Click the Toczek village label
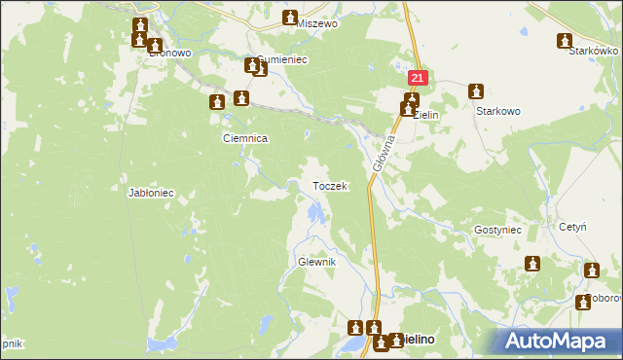(x=329, y=186)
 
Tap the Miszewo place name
(x=318, y=22)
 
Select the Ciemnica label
(x=245, y=139)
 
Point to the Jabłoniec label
(x=151, y=193)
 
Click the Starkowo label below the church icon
(x=498, y=112)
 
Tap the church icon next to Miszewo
(x=290, y=18)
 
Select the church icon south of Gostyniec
(x=532, y=264)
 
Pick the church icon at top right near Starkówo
(x=564, y=41)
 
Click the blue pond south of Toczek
(x=313, y=211)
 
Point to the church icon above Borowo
(x=588, y=271)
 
